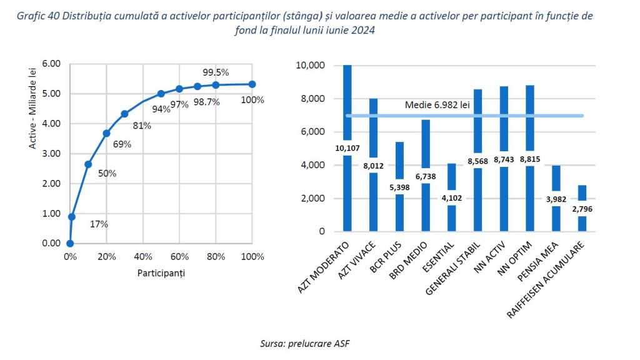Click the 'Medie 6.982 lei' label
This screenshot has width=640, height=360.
coord(437,105)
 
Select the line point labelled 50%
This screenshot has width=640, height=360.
coord(88,164)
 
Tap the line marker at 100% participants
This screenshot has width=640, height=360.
coord(252,84)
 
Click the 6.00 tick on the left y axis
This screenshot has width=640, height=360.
coord(51,64)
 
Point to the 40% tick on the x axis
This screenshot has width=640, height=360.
coord(143,257)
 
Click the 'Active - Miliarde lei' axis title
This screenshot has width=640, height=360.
coord(32,153)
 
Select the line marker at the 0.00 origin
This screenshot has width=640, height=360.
coord(70,244)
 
